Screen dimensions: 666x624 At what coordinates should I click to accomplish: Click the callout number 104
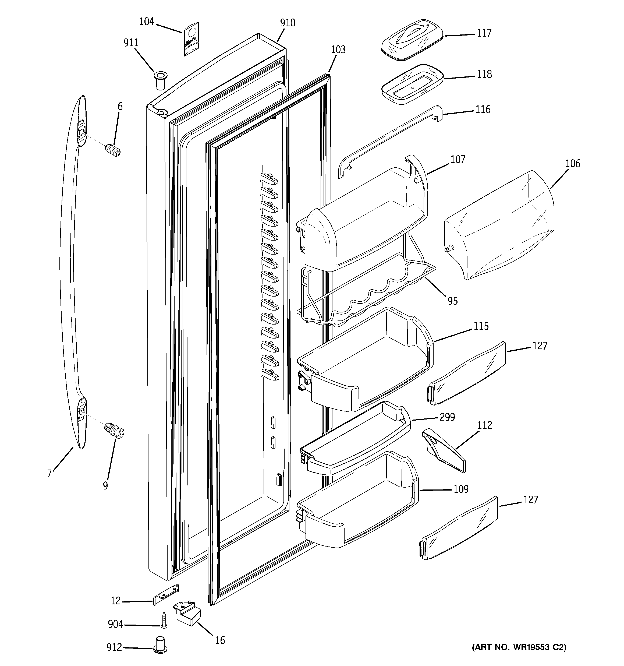(x=146, y=22)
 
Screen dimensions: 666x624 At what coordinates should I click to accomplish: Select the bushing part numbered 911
(x=160, y=80)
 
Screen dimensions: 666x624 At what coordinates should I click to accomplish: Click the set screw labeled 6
(x=114, y=150)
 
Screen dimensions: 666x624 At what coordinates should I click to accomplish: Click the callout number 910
(x=288, y=23)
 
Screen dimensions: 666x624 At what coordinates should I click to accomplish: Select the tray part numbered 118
(x=412, y=84)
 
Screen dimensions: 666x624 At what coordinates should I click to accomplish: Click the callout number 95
(x=452, y=301)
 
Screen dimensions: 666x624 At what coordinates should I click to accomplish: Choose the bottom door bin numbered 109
(x=358, y=501)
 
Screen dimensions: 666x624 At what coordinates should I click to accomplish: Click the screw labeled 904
(x=164, y=619)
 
